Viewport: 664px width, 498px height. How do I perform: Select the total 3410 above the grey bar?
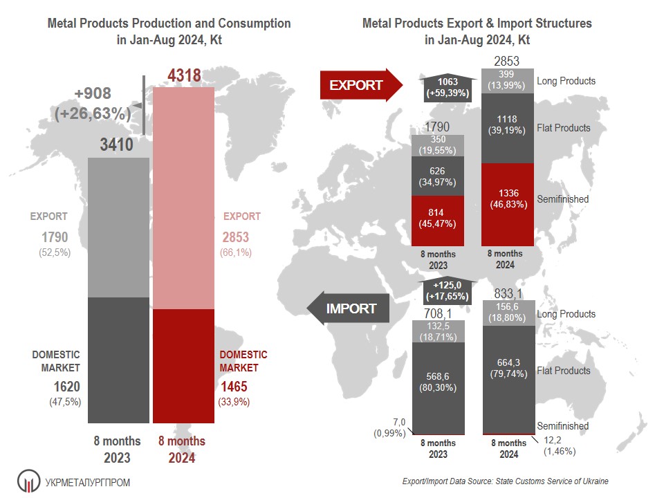pos(118,145)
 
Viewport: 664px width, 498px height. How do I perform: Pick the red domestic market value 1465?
pos(233,387)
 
